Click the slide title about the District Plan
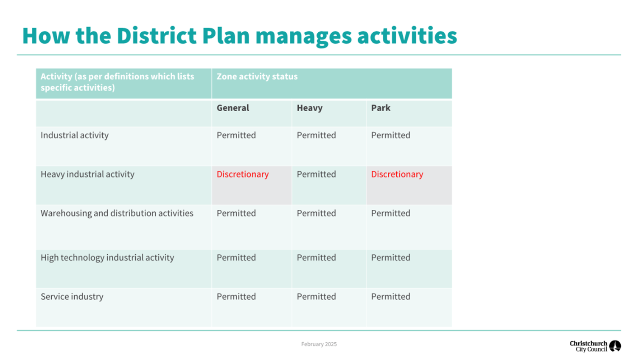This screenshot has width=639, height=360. [x=239, y=36]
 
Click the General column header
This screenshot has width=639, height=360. [x=233, y=108]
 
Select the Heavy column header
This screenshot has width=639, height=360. [x=309, y=108]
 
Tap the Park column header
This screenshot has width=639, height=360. [x=381, y=108]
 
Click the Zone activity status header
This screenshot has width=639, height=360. [x=257, y=76]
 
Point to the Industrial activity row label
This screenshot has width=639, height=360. [x=75, y=135]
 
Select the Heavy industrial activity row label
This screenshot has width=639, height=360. [x=87, y=174]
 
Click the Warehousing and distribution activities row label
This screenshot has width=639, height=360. [x=117, y=213]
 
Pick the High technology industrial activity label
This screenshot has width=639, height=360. [x=107, y=257]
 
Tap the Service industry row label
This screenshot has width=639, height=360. [x=72, y=296]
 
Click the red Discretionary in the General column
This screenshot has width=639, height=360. [x=242, y=174]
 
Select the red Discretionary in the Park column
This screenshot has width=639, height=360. [x=397, y=174]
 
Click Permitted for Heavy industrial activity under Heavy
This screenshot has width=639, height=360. [x=316, y=174]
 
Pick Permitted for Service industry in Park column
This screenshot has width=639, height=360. [x=390, y=296]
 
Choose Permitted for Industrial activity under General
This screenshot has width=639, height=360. [x=236, y=135]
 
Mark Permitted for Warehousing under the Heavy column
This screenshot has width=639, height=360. [x=316, y=213]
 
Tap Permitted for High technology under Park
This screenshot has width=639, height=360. [x=390, y=257]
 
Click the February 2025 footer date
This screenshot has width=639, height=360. [x=319, y=344]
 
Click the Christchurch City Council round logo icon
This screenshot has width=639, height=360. [x=615, y=346]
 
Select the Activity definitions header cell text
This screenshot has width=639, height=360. [x=117, y=82]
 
